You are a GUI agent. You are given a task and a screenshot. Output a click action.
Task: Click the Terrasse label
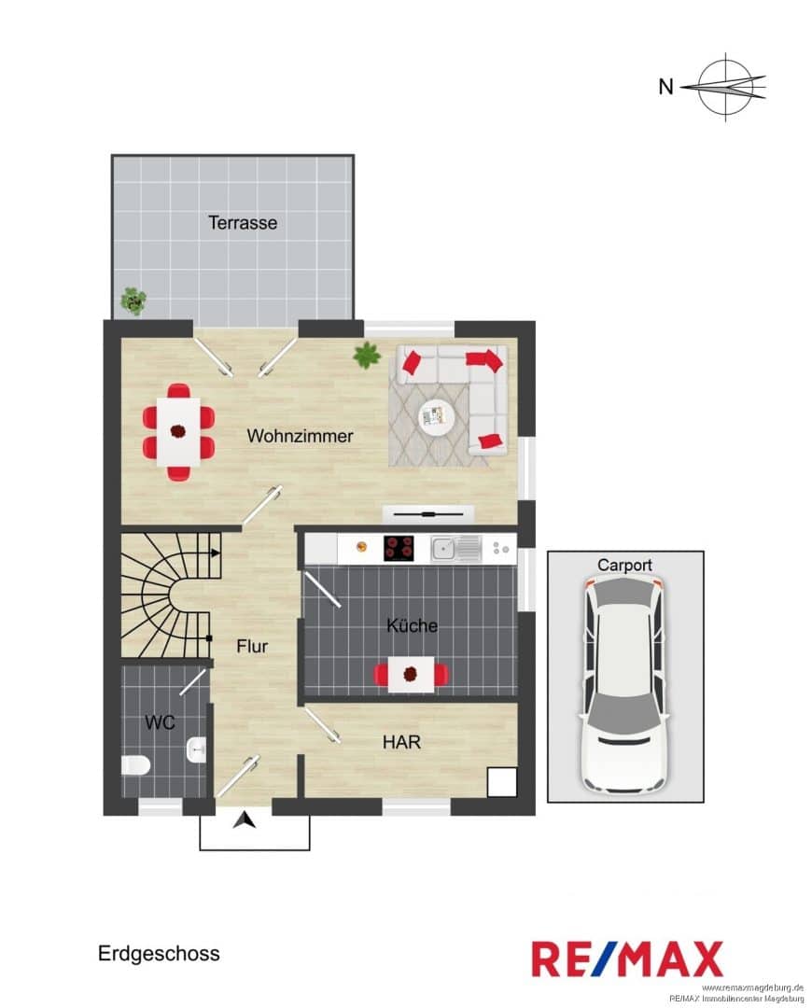pos(243,222)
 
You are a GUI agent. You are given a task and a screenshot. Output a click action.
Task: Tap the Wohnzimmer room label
pos(300,436)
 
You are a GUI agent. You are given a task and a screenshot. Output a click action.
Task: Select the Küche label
pos(412,624)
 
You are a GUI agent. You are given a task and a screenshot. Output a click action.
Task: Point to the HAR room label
pos(401,742)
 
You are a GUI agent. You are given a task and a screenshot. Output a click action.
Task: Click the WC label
pos(160,721)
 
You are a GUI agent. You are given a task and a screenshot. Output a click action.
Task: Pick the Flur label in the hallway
pos(251,646)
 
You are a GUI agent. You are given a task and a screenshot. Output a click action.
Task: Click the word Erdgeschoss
pos(159,953)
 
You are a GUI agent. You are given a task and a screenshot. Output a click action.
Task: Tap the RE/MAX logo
pos(627,959)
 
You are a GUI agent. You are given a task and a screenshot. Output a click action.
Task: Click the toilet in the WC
pos(135,765)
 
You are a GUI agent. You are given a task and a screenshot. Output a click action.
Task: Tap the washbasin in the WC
pos(196,749)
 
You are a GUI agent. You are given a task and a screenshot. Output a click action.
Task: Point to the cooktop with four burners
pos(399,549)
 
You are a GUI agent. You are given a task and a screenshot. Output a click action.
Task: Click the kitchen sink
pos(455,549)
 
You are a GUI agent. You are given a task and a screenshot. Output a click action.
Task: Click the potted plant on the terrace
pos(133,301)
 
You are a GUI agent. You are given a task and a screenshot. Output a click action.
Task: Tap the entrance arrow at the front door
pos(245,820)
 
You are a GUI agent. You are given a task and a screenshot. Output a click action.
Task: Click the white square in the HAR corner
pos(501,782)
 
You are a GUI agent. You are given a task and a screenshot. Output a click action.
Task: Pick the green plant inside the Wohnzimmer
pos(367,355)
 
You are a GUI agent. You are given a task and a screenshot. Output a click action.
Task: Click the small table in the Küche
pos(412,675)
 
